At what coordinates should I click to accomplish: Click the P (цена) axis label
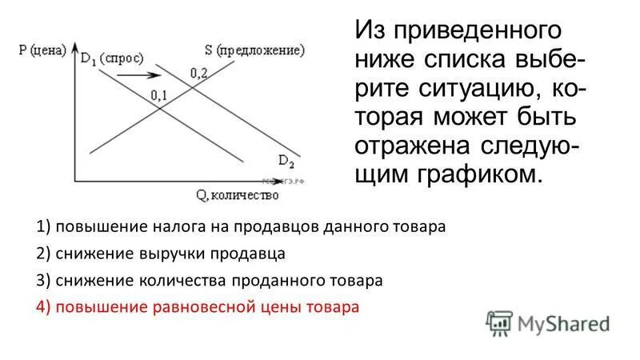pyautogui.click(x=41, y=50)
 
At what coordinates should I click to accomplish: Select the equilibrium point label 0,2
pyautogui.click(x=198, y=73)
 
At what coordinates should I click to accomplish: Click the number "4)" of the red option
pyautogui.click(x=44, y=307)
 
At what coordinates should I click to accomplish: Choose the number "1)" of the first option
pyautogui.click(x=44, y=226)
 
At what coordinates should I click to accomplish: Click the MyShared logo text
pyautogui.click(x=563, y=323)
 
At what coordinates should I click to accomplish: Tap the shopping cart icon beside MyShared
pyautogui.click(x=499, y=322)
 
